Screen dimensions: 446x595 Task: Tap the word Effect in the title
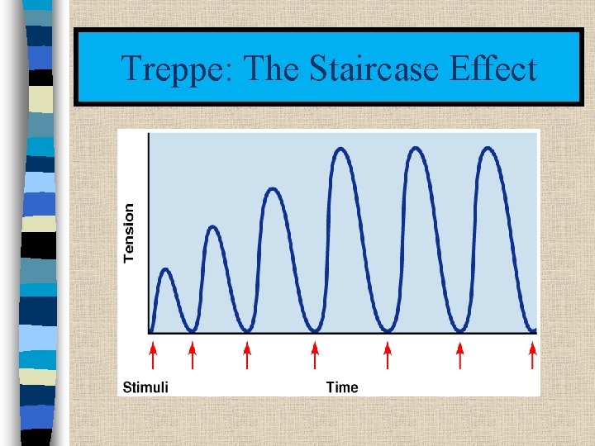(493, 69)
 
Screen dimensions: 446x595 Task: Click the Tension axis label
(129, 233)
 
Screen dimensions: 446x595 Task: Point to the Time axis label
(342, 387)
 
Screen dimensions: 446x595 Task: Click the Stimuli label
(145, 387)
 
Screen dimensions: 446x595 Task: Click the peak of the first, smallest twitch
(167, 269)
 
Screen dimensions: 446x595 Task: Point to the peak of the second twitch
(214, 226)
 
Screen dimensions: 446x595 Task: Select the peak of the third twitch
(274, 189)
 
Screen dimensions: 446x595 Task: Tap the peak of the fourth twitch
(342, 149)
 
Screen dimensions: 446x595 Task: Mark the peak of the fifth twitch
(416, 149)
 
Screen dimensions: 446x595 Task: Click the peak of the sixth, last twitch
(488, 149)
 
